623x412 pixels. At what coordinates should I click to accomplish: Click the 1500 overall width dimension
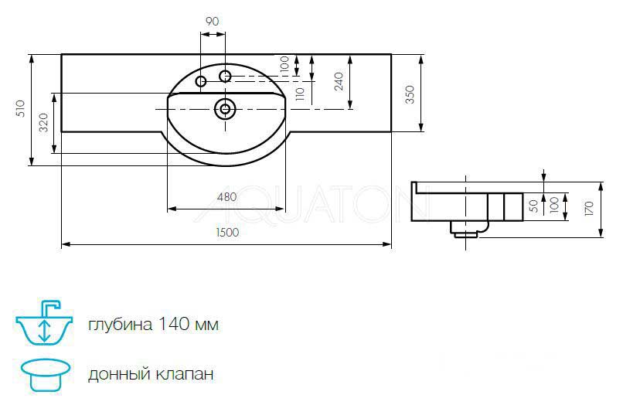click(x=226, y=232)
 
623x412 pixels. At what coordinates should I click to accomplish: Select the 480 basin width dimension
click(x=226, y=196)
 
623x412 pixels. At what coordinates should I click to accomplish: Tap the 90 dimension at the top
click(x=213, y=22)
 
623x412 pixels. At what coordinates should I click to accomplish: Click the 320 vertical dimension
click(x=43, y=122)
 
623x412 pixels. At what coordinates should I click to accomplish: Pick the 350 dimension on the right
click(x=410, y=93)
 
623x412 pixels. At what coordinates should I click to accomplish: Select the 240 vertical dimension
click(x=339, y=81)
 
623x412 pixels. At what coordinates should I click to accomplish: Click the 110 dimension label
click(x=299, y=94)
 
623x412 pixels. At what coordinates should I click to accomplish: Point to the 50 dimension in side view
click(x=532, y=206)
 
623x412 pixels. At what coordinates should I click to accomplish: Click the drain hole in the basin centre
click(x=226, y=109)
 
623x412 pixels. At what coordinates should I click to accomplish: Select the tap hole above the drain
click(x=225, y=76)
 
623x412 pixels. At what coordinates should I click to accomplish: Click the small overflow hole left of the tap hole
click(x=201, y=81)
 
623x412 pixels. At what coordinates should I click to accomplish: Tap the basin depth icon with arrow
click(x=44, y=322)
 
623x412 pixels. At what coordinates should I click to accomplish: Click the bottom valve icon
click(x=46, y=374)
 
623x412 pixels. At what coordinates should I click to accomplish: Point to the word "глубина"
click(x=119, y=325)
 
